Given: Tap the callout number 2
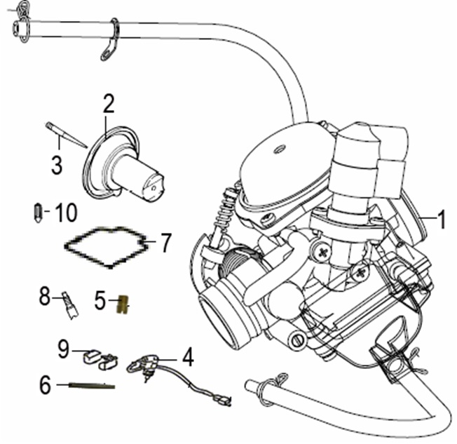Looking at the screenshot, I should tap(108, 105).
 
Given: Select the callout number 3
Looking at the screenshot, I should tap(57, 165).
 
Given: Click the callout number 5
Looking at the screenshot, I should tap(101, 302).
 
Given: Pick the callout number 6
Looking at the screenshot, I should tap(46, 384).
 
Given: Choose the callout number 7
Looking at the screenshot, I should tap(165, 243).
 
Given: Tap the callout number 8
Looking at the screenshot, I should tap(46, 297).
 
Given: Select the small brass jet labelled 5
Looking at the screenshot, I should tap(123, 304).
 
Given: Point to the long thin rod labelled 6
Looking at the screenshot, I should tap(91, 384).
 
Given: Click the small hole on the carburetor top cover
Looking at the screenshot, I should tap(280, 147).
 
